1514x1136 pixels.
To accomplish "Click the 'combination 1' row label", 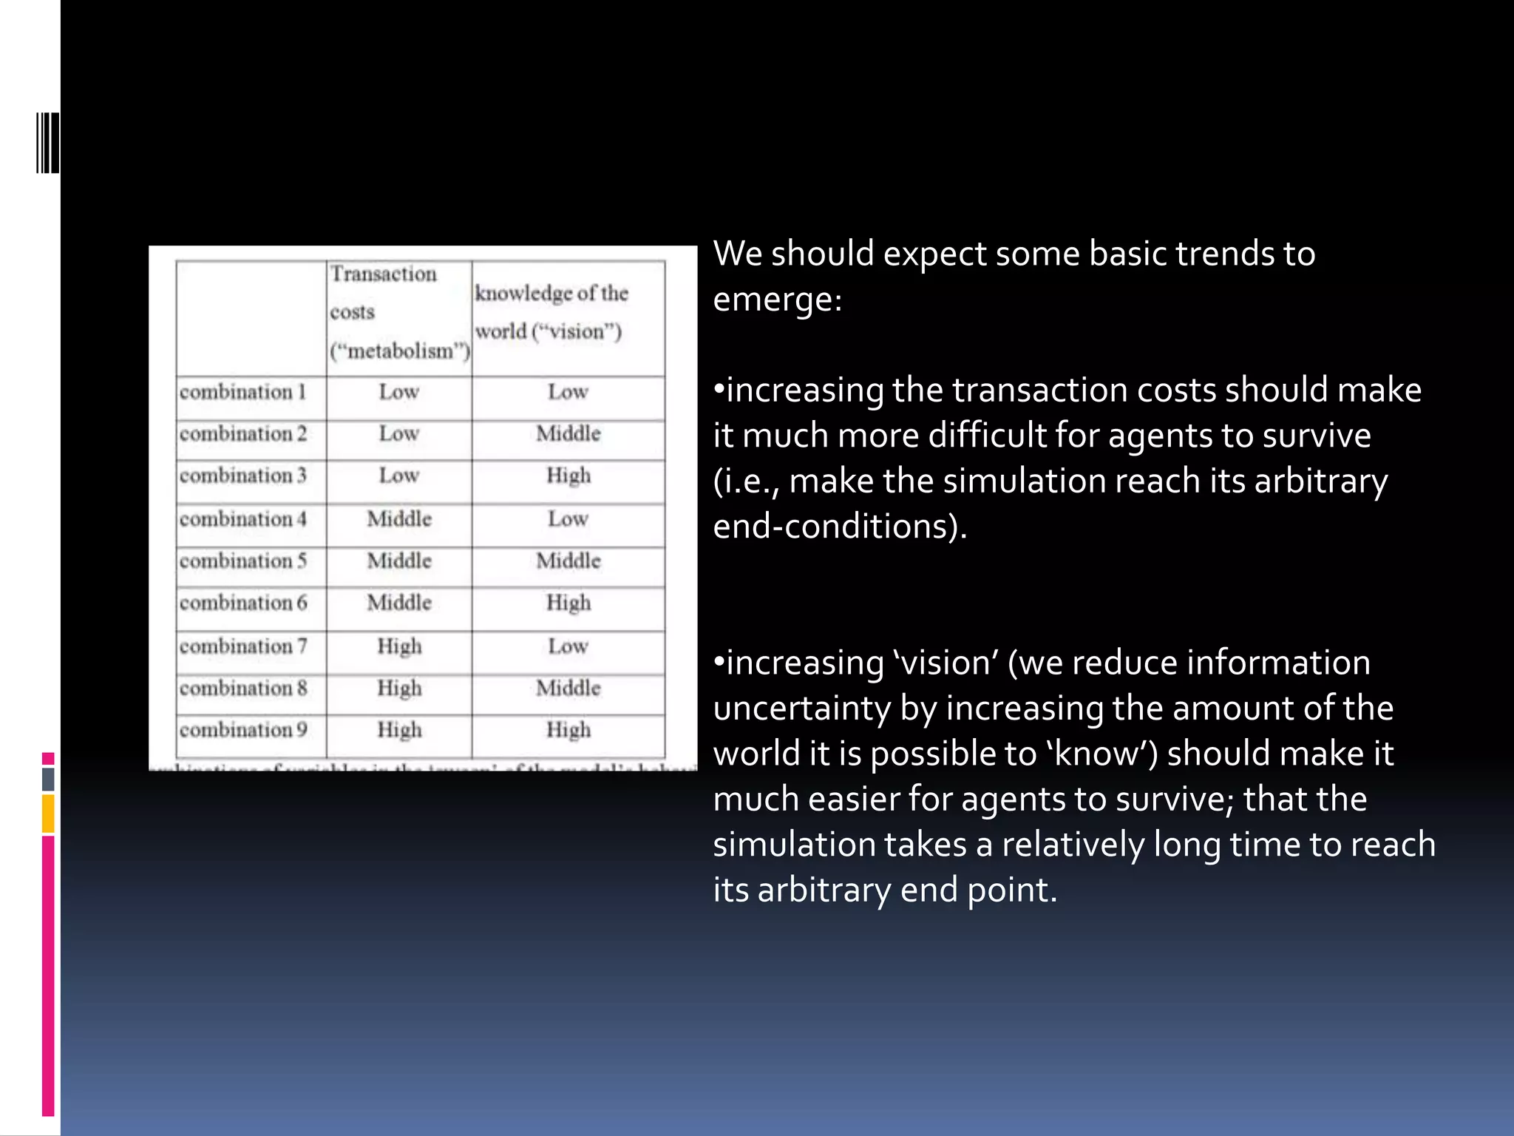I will point(242,392).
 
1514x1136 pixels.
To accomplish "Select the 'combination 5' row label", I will point(242,561).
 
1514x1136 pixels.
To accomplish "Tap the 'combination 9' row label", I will point(242,730).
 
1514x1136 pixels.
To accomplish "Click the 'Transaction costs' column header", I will point(399,312).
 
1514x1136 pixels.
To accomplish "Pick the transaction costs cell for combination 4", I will point(399,519).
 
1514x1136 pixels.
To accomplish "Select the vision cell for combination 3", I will point(568,476).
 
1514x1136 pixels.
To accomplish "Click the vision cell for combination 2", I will point(568,433).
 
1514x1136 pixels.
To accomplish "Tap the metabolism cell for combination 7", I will point(399,646).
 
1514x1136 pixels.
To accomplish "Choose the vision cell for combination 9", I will point(568,730).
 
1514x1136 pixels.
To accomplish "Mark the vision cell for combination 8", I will point(568,689).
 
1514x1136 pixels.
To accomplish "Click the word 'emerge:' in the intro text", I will point(777,300).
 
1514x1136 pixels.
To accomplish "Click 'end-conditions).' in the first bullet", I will point(840,527).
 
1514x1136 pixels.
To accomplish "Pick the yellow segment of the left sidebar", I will point(48,814).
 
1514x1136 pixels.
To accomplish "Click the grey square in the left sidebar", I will point(48,779).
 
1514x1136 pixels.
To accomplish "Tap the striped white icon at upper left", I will point(47,143).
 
